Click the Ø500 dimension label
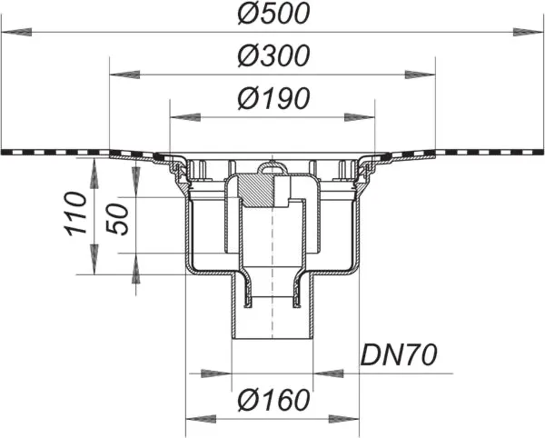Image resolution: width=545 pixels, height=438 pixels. point(273,15)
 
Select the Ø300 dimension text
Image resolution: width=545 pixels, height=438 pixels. point(273,55)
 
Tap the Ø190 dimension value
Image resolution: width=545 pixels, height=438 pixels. point(273,98)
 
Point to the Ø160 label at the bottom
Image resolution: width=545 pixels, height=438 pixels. point(273,400)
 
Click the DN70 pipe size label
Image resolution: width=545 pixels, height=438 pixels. point(399,355)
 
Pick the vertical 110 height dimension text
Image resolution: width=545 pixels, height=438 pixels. point(75,214)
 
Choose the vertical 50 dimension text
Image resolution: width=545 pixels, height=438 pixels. point(117,219)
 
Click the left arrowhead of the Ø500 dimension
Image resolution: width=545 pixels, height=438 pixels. point(16,33)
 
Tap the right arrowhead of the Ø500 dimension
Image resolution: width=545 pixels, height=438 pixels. point(528,33)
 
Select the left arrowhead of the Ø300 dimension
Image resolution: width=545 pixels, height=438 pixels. point(124,75)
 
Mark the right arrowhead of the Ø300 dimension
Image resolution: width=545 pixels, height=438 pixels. point(421,75)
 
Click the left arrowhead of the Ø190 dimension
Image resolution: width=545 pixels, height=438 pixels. point(185,117)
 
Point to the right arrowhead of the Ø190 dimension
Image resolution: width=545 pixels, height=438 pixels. point(360,117)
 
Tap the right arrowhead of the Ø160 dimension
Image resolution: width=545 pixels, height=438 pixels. point(343,419)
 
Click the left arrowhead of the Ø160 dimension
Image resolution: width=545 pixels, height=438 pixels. point(202,419)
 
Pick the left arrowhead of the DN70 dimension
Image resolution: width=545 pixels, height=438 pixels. point(216,373)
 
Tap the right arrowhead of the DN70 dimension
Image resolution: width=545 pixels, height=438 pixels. point(329,373)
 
